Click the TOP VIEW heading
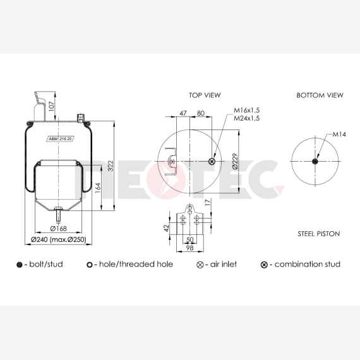coord(205,95)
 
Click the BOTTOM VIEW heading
coord(320,95)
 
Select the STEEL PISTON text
coord(319,234)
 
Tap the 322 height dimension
coord(111,165)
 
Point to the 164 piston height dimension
coord(98,188)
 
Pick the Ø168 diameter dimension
coord(58,229)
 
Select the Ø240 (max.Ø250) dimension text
coord(59,239)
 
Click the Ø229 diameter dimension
coord(235,161)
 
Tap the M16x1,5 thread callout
coord(246,110)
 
